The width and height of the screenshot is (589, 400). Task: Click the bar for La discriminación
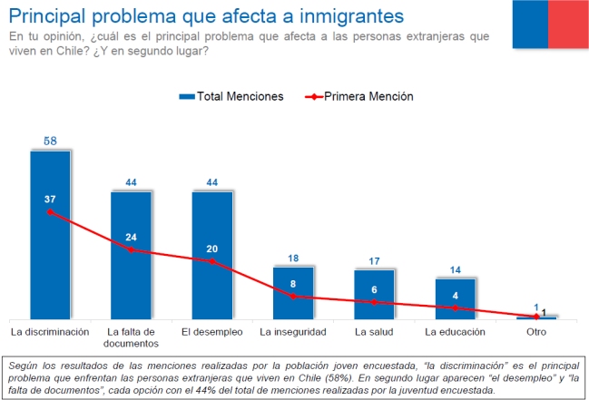click(x=50, y=263)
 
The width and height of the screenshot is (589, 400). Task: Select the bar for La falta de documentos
click(x=131, y=281)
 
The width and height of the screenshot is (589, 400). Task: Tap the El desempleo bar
click(x=212, y=281)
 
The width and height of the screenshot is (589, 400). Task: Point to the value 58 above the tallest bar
click(x=50, y=141)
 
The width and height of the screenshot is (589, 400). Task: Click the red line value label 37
click(x=50, y=199)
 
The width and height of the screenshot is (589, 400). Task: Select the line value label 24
click(x=131, y=238)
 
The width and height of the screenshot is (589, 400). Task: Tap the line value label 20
click(x=212, y=249)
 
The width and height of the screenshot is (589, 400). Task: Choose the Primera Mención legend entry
click(x=358, y=96)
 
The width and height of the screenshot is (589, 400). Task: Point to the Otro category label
click(x=536, y=332)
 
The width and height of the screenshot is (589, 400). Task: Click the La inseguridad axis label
click(x=293, y=332)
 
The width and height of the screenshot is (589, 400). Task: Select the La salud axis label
click(x=374, y=332)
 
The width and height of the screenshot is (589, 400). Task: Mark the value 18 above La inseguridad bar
click(x=293, y=259)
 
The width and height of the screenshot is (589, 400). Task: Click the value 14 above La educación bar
click(x=455, y=270)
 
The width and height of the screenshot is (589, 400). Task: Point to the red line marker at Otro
click(x=536, y=316)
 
